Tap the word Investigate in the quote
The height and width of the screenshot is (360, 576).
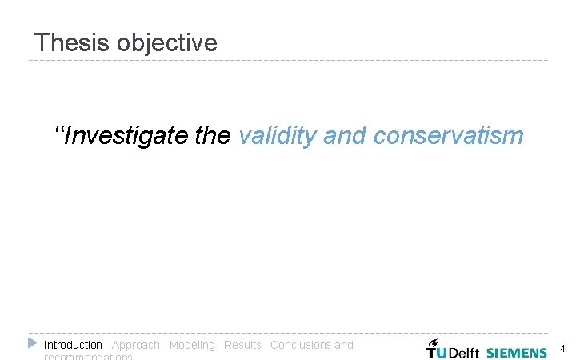[127, 136]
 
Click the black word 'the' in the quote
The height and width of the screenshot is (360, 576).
[212, 136]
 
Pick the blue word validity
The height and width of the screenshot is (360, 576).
[278, 136]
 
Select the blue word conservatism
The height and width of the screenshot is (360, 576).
[448, 136]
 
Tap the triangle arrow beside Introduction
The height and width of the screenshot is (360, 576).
[32, 343]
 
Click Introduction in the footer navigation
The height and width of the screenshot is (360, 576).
[73, 345]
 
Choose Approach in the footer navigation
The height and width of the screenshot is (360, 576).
[135, 345]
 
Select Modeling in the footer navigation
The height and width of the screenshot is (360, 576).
[192, 345]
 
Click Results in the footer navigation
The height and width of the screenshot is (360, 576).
[242, 345]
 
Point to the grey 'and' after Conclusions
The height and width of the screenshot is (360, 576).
[344, 345]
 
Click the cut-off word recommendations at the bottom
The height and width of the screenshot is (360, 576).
[88, 357]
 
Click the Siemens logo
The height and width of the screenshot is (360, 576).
[516, 352]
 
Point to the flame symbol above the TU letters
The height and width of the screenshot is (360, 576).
[434, 342]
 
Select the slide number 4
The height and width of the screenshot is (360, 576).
[562, 349]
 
